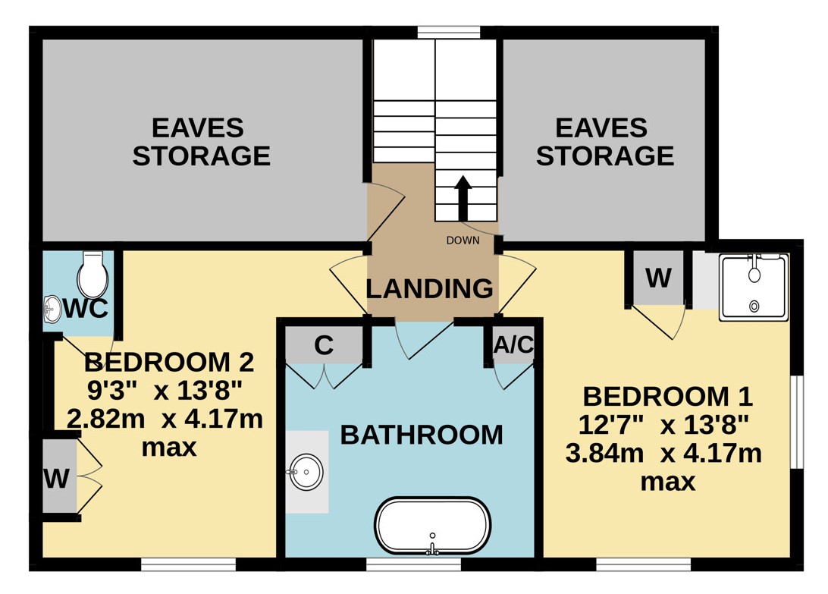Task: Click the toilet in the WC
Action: click(x=93, y=274)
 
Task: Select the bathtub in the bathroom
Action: click(x=432, y=526)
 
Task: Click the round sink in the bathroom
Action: click(x=306, y=471)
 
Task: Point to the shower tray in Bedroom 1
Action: click(x=754, y=287)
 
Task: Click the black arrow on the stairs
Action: click(x=463, y=198)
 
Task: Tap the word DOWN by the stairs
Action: click(x=463, y=240)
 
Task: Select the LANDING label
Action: click(x=430, y=289)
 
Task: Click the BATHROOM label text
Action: click(x=422, y=435)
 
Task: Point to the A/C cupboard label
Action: click(x=513, y=345)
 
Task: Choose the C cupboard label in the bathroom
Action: click(x=324, y=346)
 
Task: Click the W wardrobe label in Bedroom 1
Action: click(x=658, y=278)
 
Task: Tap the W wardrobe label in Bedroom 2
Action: click(x=57, y=479)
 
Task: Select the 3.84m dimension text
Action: click(x=604, y=454)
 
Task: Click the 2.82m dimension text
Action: click(x=105, y=419)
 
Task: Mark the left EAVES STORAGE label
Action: click(x=201, y=142)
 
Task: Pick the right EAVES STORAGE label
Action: click(x=604, y=142)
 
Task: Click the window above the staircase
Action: click(x=449, y=33)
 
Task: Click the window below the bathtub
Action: click(x=413, y=564)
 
